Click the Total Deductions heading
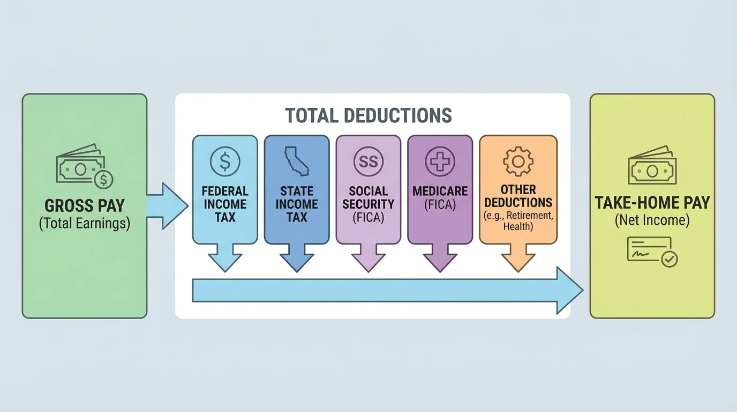[x=368, y=115]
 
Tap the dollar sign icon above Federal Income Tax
[x=225, y=160]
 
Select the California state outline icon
[x=296, y=160]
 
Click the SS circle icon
[x=368, y=161]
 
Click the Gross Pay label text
[x=85, y=205]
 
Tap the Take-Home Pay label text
[x=652, y=203]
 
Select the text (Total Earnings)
[x=85, y=223]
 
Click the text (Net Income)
[x=652, y=220]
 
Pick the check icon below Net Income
[x=652, y=251]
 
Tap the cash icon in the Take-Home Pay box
[x=652, y=166]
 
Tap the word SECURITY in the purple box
[x=368, y=204]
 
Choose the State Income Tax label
[x=296, y=204]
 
